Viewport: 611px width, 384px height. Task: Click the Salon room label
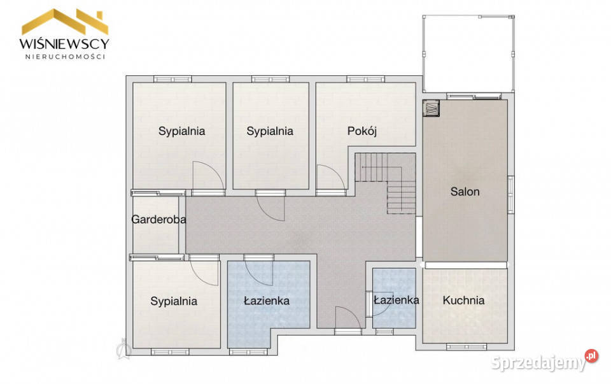[465, 191]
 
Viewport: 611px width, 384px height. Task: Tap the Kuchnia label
[464, 301]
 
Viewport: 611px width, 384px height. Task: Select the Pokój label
[362, 131]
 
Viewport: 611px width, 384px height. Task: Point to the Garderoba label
[158, 220]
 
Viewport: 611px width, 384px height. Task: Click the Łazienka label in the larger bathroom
[267, 301]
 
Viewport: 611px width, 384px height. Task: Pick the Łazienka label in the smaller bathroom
[396, 300]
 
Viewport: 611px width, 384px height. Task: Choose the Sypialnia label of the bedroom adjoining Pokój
[270, 131]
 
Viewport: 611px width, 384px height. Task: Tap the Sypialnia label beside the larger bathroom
[174, 301]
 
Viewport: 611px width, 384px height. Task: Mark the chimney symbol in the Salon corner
[432, 109]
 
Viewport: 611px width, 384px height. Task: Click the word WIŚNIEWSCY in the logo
[65, 43]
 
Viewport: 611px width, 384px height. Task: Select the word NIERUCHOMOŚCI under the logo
[65, 56]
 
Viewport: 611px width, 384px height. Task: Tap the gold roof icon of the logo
[65, 22]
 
